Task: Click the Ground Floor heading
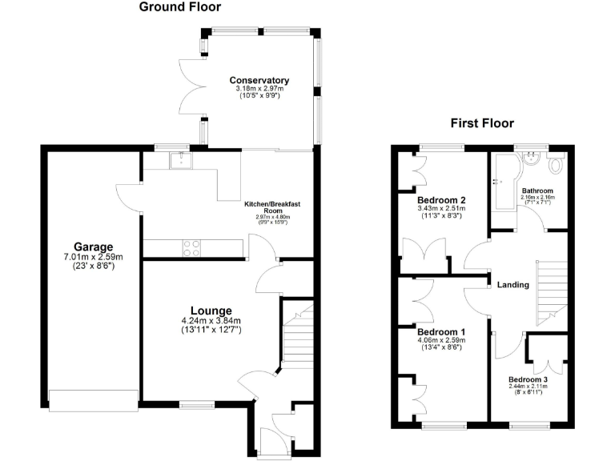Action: pyautogui.click(x=180, y=7)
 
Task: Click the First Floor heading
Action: pyautogui.click(x=481, y=123)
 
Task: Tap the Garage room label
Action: pyautogui.click(x=94, y=247)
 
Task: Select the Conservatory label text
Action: pyautogui.click(x=259, y=80)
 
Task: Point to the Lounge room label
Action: pyautogui.click(x=211, y=311)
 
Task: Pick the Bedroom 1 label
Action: pyautogui.click(x=441, y=331)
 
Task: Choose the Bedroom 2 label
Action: pyautogui.click(x=441, y=200)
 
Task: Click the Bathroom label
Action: pyautogui.click(x=538, y=190)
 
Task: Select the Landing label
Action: pyautogui.click(x=513, y=284)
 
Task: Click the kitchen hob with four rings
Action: pyautogui.click(x=192, y=248)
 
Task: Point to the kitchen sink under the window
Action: pyautogui.click(x=181, y=161)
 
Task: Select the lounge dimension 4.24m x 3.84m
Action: pyautogui.click(x=211, y=322)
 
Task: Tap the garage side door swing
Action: pyautogui.click(x=130, y=195)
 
